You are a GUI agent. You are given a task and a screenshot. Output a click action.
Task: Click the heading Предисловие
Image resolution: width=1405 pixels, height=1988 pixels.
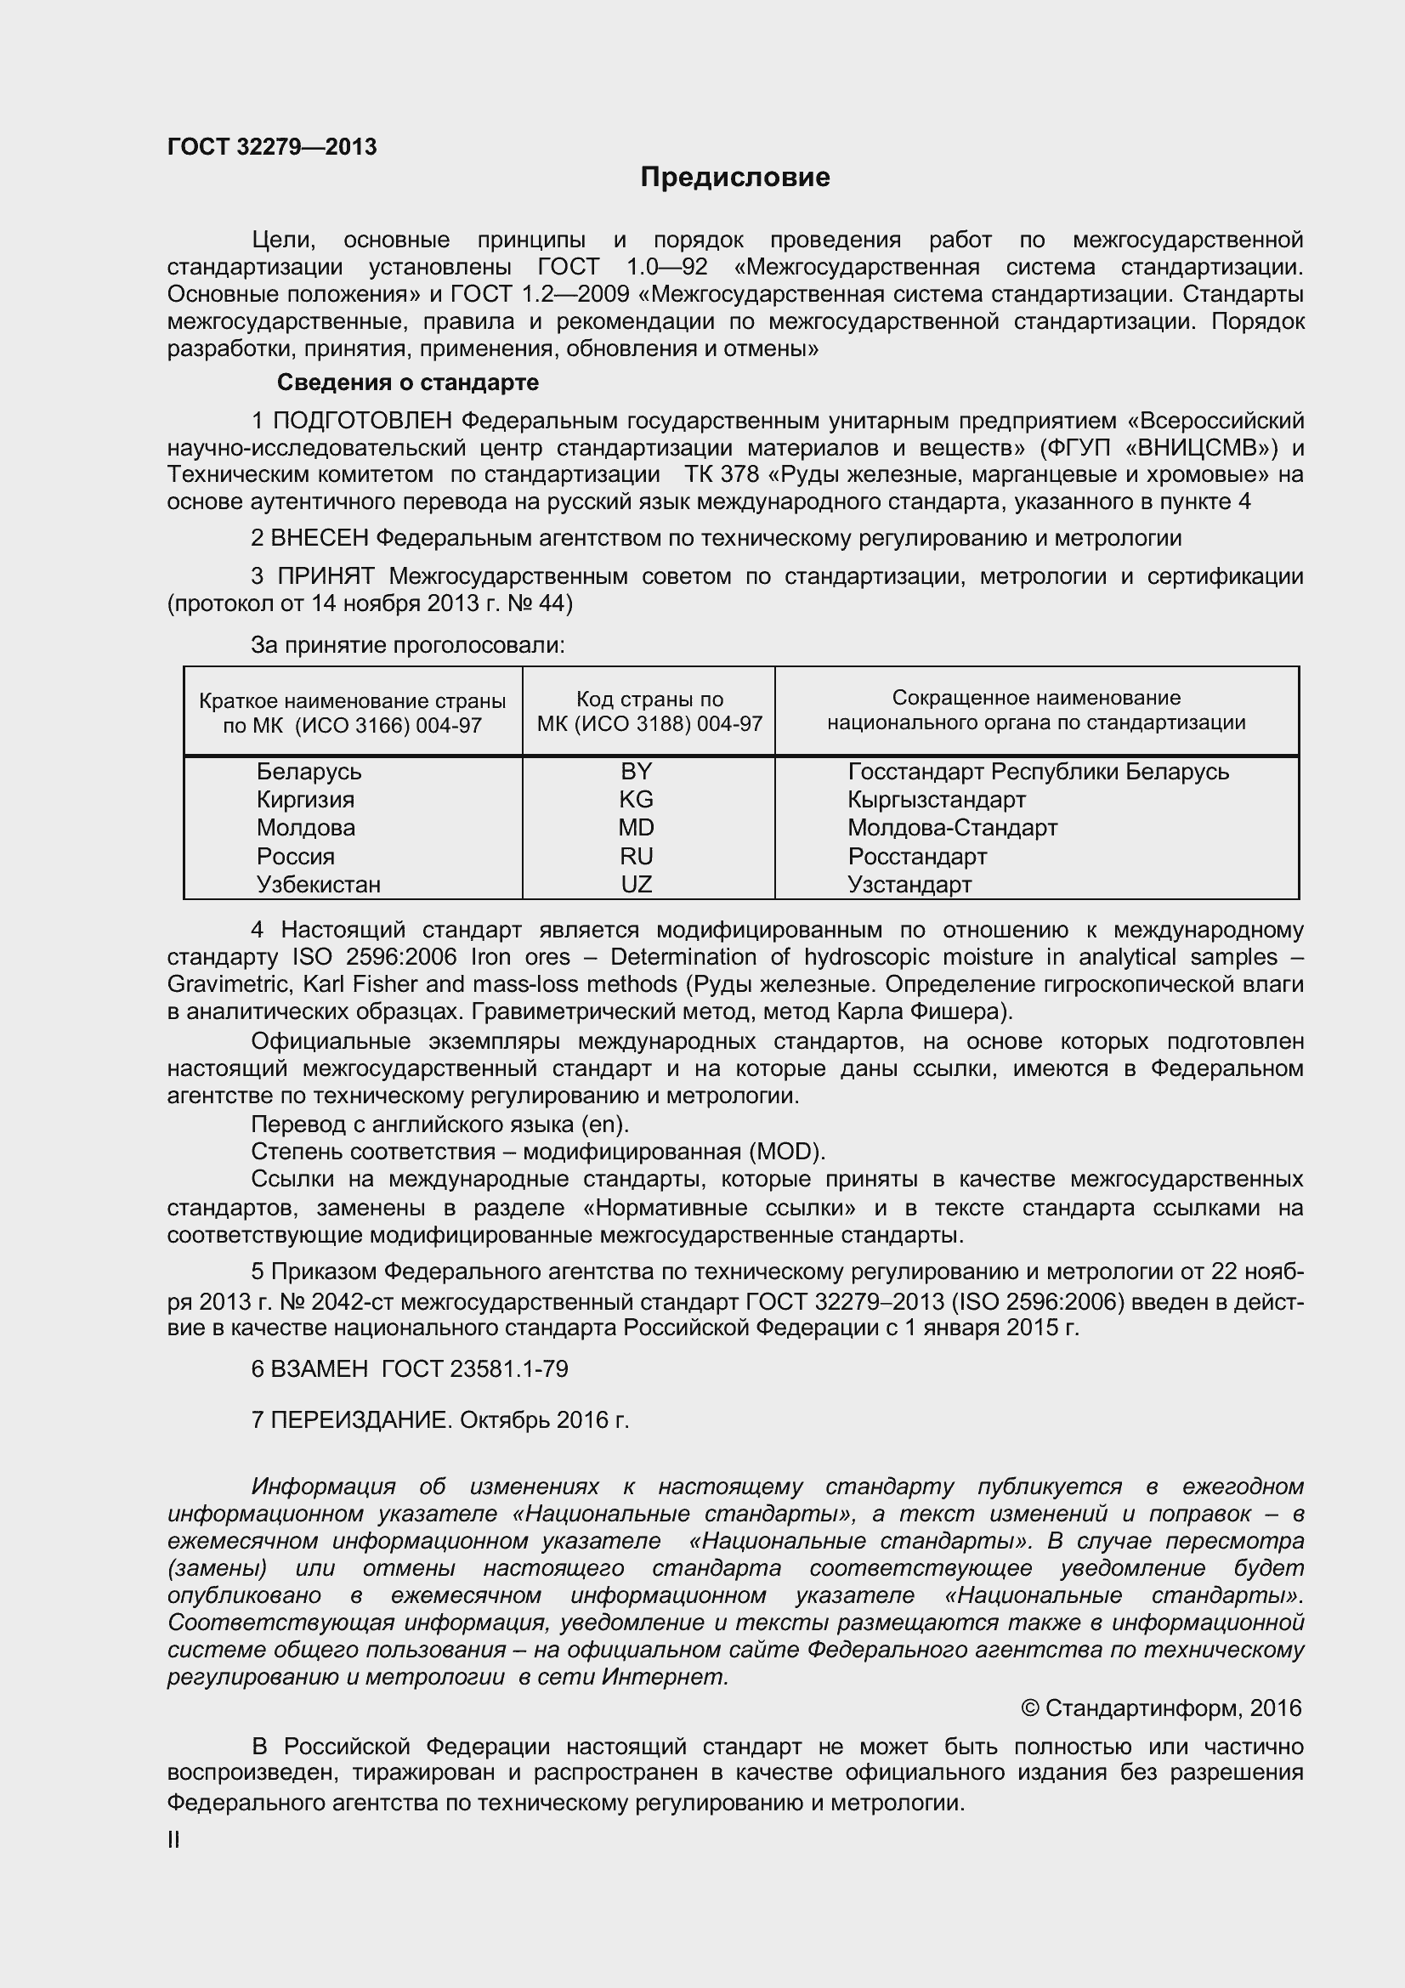point(734,178)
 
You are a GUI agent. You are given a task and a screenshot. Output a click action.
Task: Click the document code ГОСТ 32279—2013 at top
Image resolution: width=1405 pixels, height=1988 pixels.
point(272,147)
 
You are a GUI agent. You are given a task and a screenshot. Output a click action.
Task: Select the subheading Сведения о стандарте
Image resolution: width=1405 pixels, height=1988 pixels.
point(407,382)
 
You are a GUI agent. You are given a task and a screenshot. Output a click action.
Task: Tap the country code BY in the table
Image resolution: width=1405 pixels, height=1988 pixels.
point(637,772)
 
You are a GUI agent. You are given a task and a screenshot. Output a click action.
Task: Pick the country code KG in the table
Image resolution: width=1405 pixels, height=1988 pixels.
point(637,799)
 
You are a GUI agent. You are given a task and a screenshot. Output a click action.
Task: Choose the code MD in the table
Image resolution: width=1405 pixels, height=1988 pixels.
point(637,828)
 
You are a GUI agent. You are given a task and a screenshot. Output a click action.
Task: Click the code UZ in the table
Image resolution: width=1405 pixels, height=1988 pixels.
point(637,884)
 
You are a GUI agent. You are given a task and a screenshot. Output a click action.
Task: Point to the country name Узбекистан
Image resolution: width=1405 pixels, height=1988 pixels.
point(318,884)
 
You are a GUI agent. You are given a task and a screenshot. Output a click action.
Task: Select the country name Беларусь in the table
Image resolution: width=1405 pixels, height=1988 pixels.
point(309,772)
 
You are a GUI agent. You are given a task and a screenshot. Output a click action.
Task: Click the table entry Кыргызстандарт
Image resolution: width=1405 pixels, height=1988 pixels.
point(936,799)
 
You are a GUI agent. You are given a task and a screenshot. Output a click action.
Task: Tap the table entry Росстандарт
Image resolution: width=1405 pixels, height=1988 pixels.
point(917,857)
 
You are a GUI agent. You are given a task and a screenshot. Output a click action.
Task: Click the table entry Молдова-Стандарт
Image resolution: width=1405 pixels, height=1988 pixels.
point(952,828)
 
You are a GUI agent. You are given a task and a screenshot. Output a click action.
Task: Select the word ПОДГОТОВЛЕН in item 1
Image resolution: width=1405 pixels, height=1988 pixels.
point(362,421)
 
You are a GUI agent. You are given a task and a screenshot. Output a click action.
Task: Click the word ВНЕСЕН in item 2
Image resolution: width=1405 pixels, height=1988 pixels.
point(320,539)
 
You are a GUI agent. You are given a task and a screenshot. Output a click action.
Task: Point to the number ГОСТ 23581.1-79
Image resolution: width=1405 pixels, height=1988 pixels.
point(474,1369)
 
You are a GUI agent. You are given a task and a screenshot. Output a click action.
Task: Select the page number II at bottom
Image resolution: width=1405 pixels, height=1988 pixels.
point(173,1841)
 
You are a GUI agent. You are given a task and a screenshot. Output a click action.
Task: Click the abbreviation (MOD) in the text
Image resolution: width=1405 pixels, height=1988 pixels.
point(787,1152)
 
